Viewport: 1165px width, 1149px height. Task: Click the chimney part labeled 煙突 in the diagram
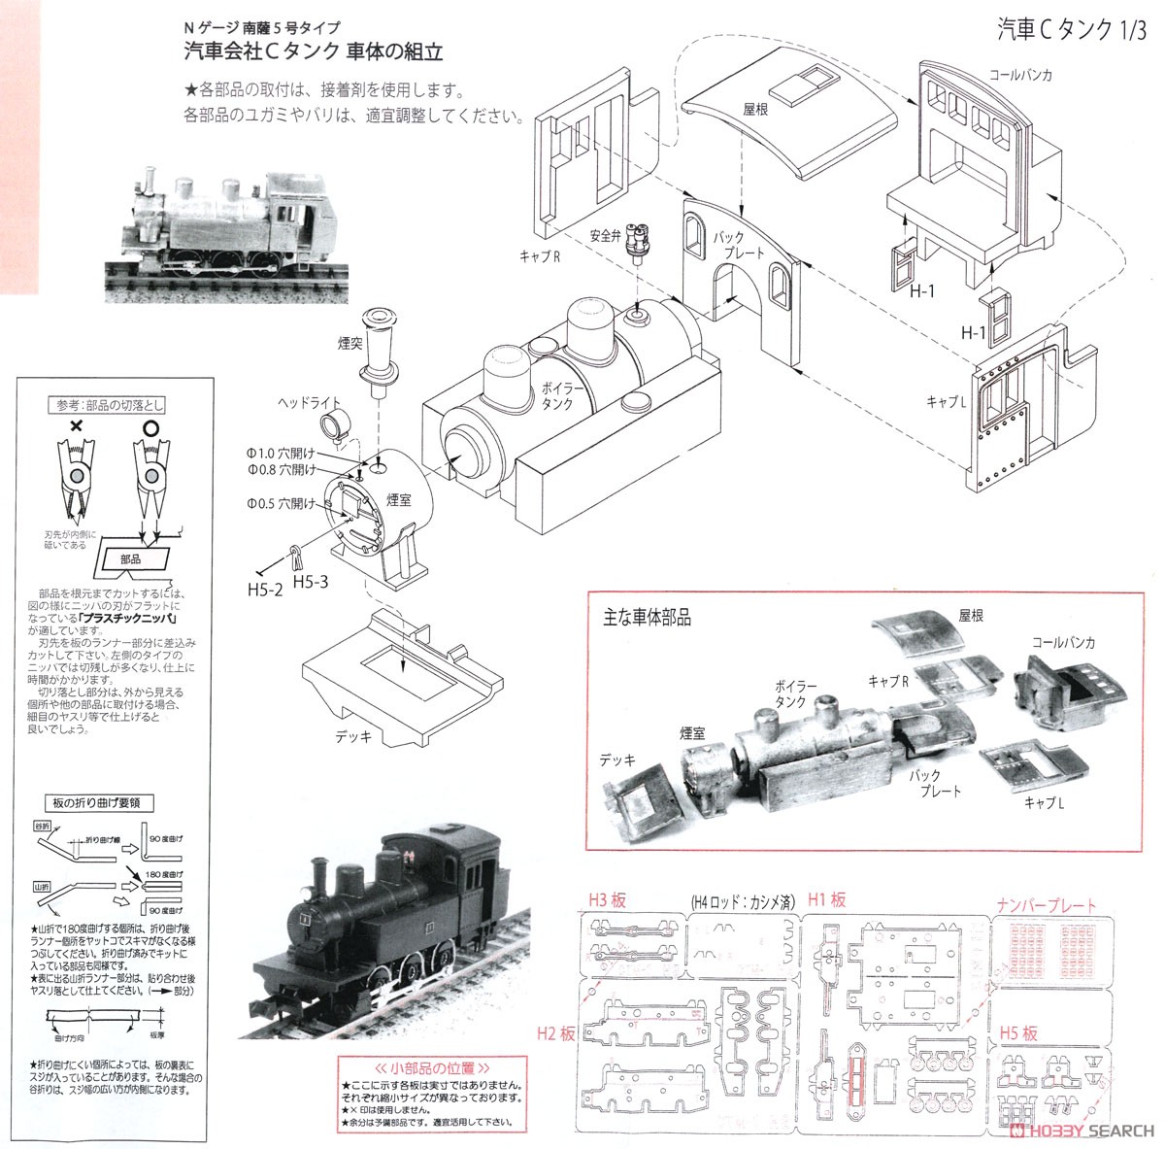(378, 355)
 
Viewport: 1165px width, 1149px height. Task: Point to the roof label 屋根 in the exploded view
(755, 110)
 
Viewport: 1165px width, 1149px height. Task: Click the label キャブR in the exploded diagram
(541, 255)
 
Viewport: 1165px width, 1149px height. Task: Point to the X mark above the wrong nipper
(75, 426)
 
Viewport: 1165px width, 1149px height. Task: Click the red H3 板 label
(610, 899)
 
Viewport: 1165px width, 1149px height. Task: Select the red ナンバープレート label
(1046, 905)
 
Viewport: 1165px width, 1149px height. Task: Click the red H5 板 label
(1015, 1032)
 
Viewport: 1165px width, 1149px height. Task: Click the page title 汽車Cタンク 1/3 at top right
(1070, 30)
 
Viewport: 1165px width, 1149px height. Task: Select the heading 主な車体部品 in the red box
(647, 618)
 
